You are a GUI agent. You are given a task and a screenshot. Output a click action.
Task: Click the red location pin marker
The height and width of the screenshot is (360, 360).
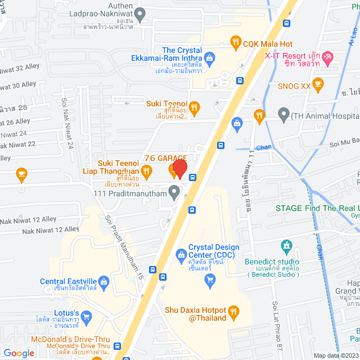(x=179, y=169)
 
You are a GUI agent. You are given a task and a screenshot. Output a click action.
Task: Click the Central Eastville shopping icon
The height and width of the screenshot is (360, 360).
(x=104, y=281)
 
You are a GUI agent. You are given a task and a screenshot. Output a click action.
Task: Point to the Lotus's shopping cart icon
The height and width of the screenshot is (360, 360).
(x=86, y=317)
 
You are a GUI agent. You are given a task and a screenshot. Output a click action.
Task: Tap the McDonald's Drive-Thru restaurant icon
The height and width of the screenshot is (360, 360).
(x=118, y=346)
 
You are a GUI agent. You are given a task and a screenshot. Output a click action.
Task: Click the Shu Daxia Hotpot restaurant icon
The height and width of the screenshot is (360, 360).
(x=236, y=310)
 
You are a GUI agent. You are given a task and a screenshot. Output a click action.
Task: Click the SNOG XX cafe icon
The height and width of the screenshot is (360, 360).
(x=318, y=86)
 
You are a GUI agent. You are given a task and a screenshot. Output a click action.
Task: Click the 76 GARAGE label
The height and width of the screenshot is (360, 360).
(x=165, y=159)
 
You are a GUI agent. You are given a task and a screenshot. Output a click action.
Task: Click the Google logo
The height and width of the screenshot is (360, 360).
(x=19, y=353)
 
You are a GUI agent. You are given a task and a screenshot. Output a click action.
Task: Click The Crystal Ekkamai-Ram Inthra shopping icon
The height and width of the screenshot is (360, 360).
(x=210, y=57)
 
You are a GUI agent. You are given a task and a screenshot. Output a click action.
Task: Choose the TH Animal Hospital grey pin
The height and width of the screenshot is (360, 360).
(x=284, y=115)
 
